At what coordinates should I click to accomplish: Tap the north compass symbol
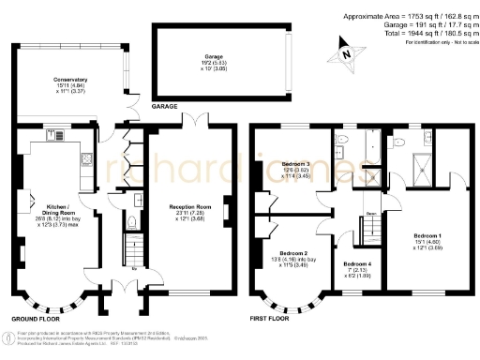(348, 55)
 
